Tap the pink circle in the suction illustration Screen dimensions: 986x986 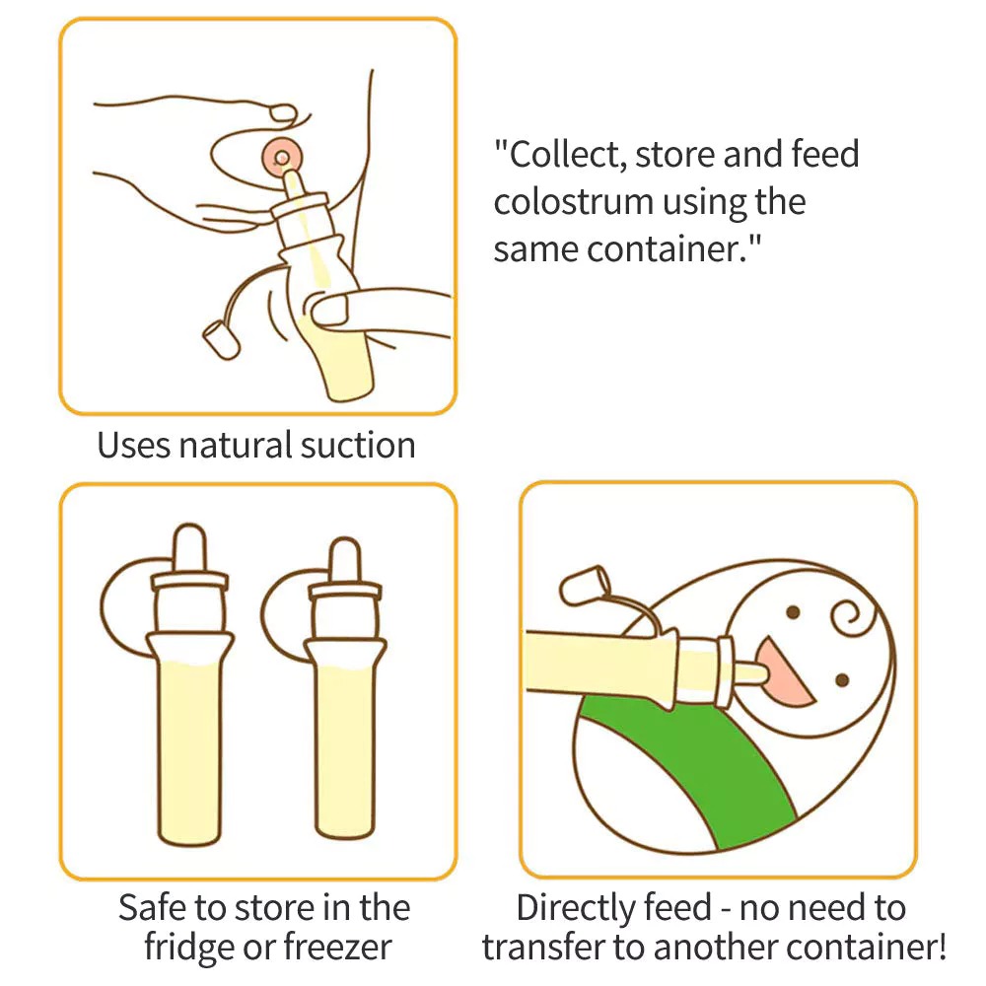(282, 156)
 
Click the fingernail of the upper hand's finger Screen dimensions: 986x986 (284, 112)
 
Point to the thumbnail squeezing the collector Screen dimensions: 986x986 (330, 312)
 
